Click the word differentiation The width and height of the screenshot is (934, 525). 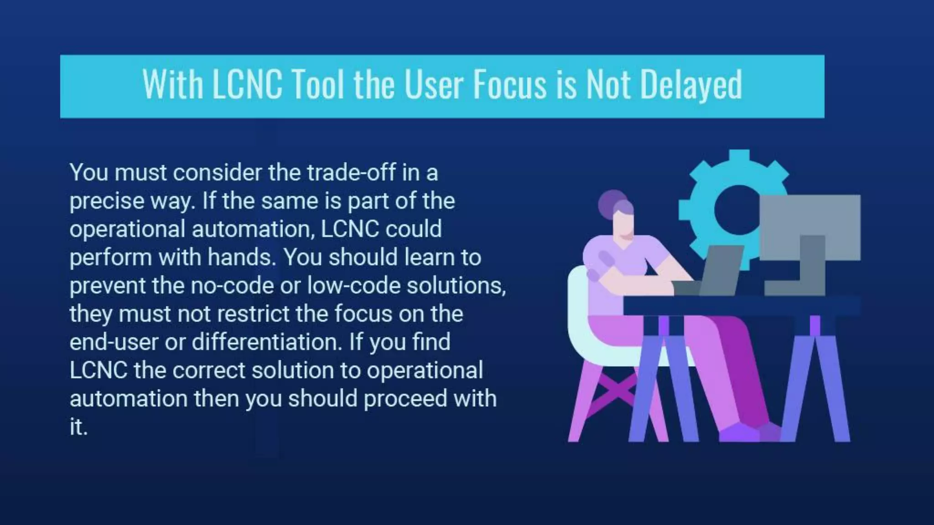tap(266, 342)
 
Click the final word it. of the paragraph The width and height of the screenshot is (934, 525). tap(78, 427)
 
